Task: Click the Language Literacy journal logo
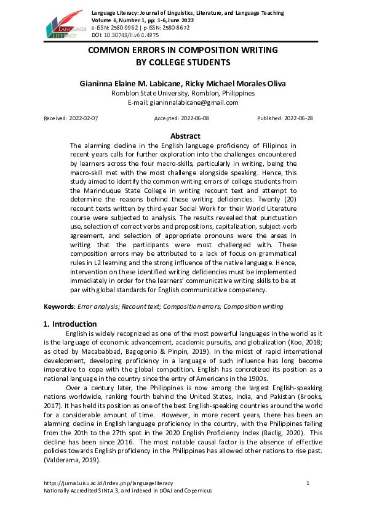tap(62, 25)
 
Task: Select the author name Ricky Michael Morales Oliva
tap(236, 83)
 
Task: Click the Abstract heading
tap(185, 136)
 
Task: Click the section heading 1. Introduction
tap(70, 324)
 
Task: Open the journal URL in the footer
tap(108, 483)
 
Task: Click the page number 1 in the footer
tap(307, 483)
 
